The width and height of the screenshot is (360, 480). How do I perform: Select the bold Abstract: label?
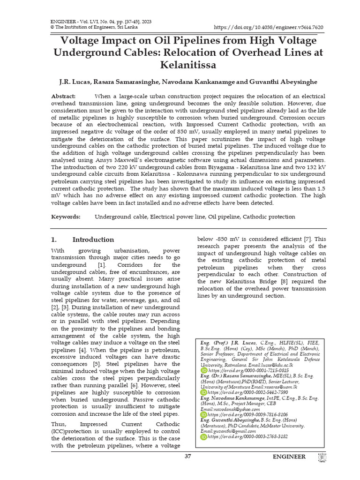click(x=63, y=96)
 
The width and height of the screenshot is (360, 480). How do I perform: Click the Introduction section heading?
click(x=93, y=240)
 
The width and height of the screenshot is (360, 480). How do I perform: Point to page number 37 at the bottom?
click(x=188, y=456)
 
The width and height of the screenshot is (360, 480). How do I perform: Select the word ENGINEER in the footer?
click(x=289, y=457)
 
